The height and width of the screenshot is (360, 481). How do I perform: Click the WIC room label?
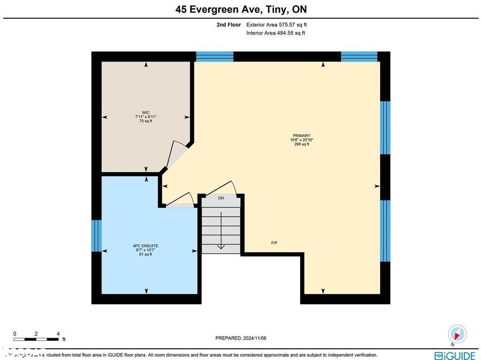tap(146, 113)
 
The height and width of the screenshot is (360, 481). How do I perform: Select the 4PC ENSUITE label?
tap(146, 246)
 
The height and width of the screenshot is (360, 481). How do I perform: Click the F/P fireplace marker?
tap(274, 243)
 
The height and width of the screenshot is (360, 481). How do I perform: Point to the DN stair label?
tap(221, 198)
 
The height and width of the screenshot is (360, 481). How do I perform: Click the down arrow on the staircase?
tap(221, 247)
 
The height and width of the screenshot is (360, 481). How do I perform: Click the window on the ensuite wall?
tap(96, 235)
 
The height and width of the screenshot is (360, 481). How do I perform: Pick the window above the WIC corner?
tap(214, 56)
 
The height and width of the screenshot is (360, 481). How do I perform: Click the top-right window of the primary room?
tap(359, 56)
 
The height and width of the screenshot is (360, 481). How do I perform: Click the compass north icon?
tap(457, 334)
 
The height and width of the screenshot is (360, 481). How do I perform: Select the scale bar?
tap(36, 338)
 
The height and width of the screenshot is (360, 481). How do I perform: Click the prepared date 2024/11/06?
tap(240, 338)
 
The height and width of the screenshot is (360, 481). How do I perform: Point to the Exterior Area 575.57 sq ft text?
tap(276, 25)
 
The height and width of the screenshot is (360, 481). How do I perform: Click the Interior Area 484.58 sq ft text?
tap(275, 33)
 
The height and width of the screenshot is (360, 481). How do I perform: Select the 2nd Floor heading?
tap(229, 25)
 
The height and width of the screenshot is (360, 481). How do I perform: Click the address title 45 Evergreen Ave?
tap(240, 9)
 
